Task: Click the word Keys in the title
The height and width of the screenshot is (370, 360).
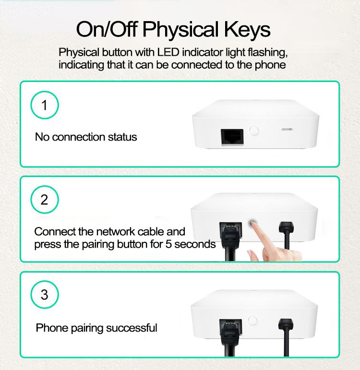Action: click(x=247, y=29)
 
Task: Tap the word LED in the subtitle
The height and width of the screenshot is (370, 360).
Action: click(x=168, y=52)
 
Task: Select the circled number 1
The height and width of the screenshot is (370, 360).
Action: click(x=44, y=105)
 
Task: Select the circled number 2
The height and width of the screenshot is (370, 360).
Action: click(x=44, y=200)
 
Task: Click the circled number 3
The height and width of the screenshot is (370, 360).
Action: click(x=44, y=295)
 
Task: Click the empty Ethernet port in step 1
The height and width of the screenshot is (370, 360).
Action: click(x=232, y=137)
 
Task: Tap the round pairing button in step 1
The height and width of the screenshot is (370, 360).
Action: click(x=254, y=131)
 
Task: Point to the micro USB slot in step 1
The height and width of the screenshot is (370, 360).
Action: click(x=287, y=130)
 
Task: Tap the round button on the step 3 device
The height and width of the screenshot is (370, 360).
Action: click(x=252, y=321)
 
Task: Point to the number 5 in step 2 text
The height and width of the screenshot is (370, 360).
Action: click(x=168, y=244)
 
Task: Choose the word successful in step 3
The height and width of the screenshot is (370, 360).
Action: click(x=132, y=328)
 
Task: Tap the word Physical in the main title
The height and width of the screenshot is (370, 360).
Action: click(x=180, y=30)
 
